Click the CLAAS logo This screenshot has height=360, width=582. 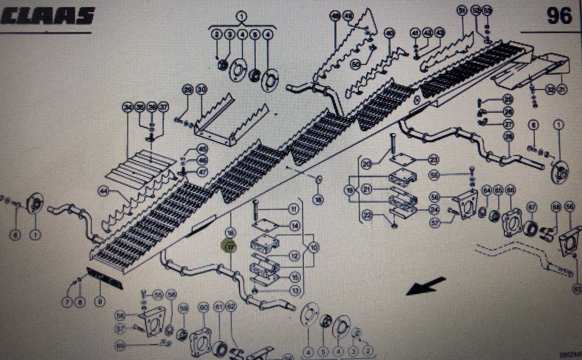pos(47,17)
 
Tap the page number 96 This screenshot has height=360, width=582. pos(559,16)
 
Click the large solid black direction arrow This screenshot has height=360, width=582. pos(426,286)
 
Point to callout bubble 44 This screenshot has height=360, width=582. pos(104,192)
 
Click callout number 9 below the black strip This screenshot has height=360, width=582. pos(99,302)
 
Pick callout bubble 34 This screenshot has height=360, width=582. pos(128,107)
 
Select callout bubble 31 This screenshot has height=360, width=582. pos(562,90)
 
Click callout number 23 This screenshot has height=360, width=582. pos(433,159)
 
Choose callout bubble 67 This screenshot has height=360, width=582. pos(531,207)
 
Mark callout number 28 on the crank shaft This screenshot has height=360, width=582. pos(509,136)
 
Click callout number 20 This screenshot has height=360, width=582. pos(367,164)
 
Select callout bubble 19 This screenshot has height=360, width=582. pos(349,190)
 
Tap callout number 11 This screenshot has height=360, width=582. pos(293,209)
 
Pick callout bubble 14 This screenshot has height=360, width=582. pos(294,226)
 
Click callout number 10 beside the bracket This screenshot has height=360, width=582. pos(313,247)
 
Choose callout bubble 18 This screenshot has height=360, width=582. pos(318,200)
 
